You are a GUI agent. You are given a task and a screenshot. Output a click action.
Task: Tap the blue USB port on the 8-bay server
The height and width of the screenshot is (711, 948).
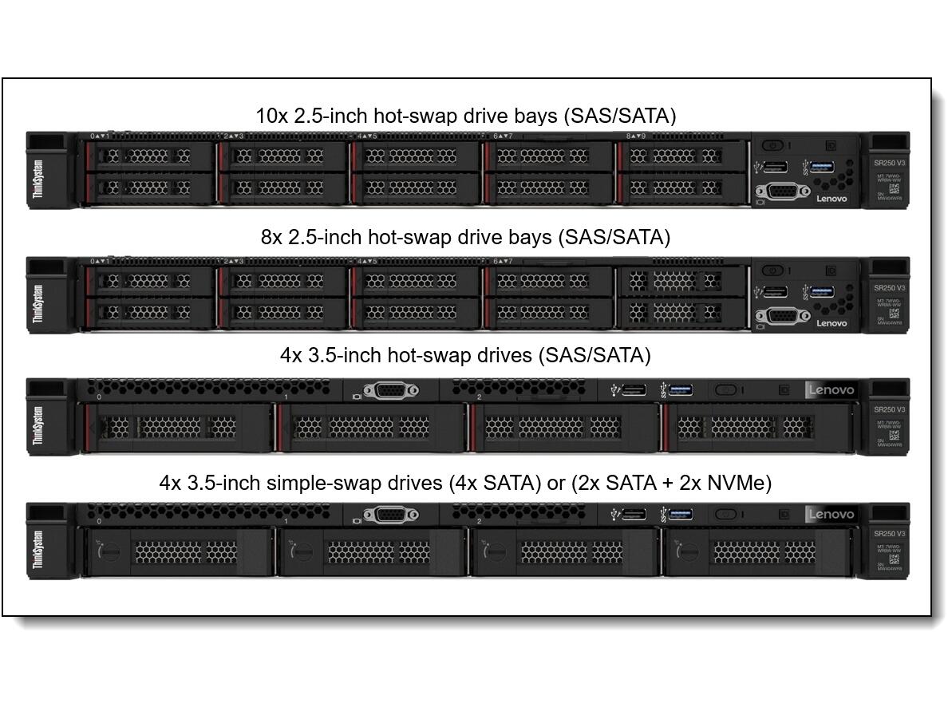[x=822, y=291]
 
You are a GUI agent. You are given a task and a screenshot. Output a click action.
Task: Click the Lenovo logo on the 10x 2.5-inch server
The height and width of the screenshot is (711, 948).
[x=831, y=199]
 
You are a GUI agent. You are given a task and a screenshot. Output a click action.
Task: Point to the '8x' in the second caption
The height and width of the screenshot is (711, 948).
[x=271, y=237]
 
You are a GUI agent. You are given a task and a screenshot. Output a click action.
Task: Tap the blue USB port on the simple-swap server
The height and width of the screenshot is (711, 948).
[x=680, y=514]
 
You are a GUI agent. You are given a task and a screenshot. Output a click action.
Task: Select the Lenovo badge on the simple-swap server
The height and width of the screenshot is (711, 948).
[x=831, y=514]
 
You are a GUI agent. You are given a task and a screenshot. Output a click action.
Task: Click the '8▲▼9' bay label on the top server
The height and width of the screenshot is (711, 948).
[x=636, y=136]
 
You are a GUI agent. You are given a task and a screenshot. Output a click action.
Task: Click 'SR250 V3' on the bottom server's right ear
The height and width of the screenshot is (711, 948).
[x=889, y=533]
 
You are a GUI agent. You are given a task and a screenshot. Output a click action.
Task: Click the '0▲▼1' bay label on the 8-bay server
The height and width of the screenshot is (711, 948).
[x=100, y=261]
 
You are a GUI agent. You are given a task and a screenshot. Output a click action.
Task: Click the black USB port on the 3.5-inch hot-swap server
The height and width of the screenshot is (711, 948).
[x=634, y=389]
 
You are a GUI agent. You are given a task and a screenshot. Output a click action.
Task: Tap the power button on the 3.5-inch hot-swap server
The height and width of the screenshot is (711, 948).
[x=725, y=390]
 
